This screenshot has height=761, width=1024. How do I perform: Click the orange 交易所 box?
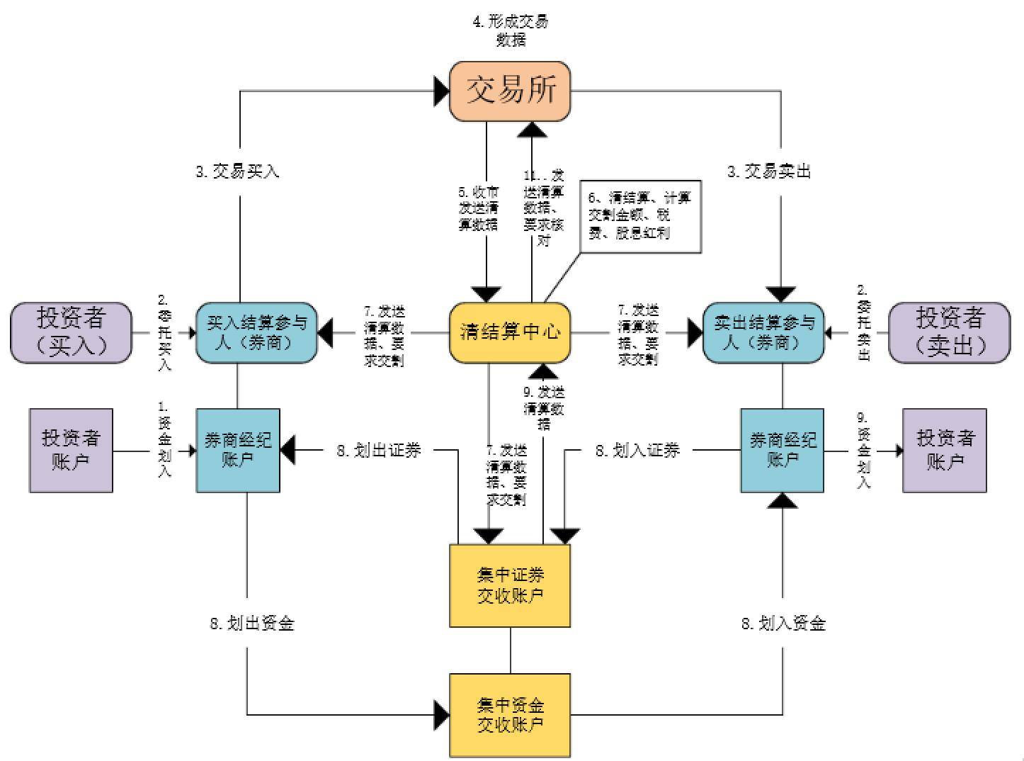pos(510,91)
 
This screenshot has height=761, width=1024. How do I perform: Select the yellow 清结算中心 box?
pos(510,332)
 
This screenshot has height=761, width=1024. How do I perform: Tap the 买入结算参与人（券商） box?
pos(256,332)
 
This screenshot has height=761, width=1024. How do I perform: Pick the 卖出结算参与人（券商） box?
pos(763,332)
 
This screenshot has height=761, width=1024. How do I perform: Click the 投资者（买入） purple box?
pos(71,332)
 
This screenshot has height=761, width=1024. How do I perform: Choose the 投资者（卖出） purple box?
pos(949,332)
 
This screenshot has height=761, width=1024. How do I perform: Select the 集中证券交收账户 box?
pos(510,585)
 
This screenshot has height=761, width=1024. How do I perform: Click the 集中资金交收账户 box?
pos(510,715)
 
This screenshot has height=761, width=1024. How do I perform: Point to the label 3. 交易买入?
pos(238,171)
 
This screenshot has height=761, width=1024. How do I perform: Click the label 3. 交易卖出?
pos(769,171)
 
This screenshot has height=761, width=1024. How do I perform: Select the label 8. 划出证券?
pos(379,450)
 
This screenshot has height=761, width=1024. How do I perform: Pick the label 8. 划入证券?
pos(637,450)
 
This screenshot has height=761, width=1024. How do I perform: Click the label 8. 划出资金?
pos(252,624)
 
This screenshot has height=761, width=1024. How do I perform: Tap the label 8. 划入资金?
pos(783,624)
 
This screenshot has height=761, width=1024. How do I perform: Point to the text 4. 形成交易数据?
pos(510,30)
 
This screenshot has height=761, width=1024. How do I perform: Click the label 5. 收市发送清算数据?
pos(478,208)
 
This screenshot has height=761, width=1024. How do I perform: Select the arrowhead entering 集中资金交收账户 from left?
pos(442,715)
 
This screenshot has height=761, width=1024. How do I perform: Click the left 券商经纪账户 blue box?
pos(238,450)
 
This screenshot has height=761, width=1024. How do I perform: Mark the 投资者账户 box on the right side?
pos(945,450)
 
